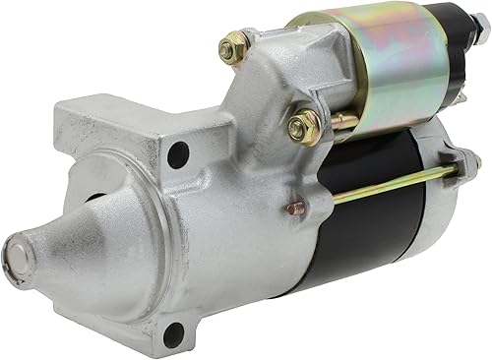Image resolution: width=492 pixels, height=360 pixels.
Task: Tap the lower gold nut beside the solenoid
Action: point(304,127)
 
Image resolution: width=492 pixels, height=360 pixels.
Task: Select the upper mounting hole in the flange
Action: point(177,155)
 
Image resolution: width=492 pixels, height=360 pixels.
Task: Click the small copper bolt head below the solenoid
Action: point(295,208)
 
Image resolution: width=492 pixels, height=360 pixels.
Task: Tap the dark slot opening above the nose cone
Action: point(99,197)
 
